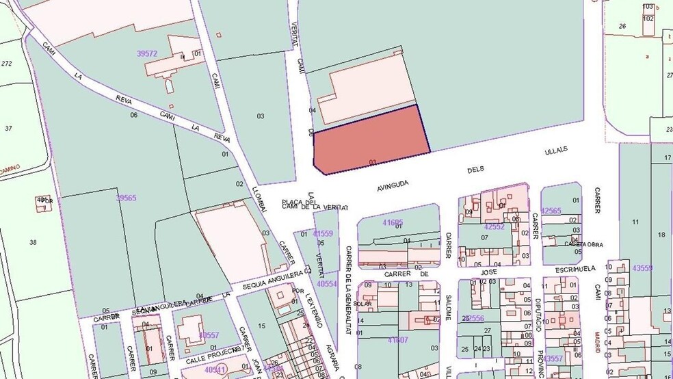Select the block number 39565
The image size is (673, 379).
point(126,198)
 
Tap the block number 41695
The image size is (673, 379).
point(393,222)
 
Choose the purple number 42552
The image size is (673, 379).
point(494,226)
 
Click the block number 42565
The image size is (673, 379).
point(551,211)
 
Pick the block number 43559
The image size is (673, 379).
point(643,267)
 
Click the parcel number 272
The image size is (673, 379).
point(7,64)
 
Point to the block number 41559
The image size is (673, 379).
point(323,233)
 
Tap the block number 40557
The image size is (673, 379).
point(209,335)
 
